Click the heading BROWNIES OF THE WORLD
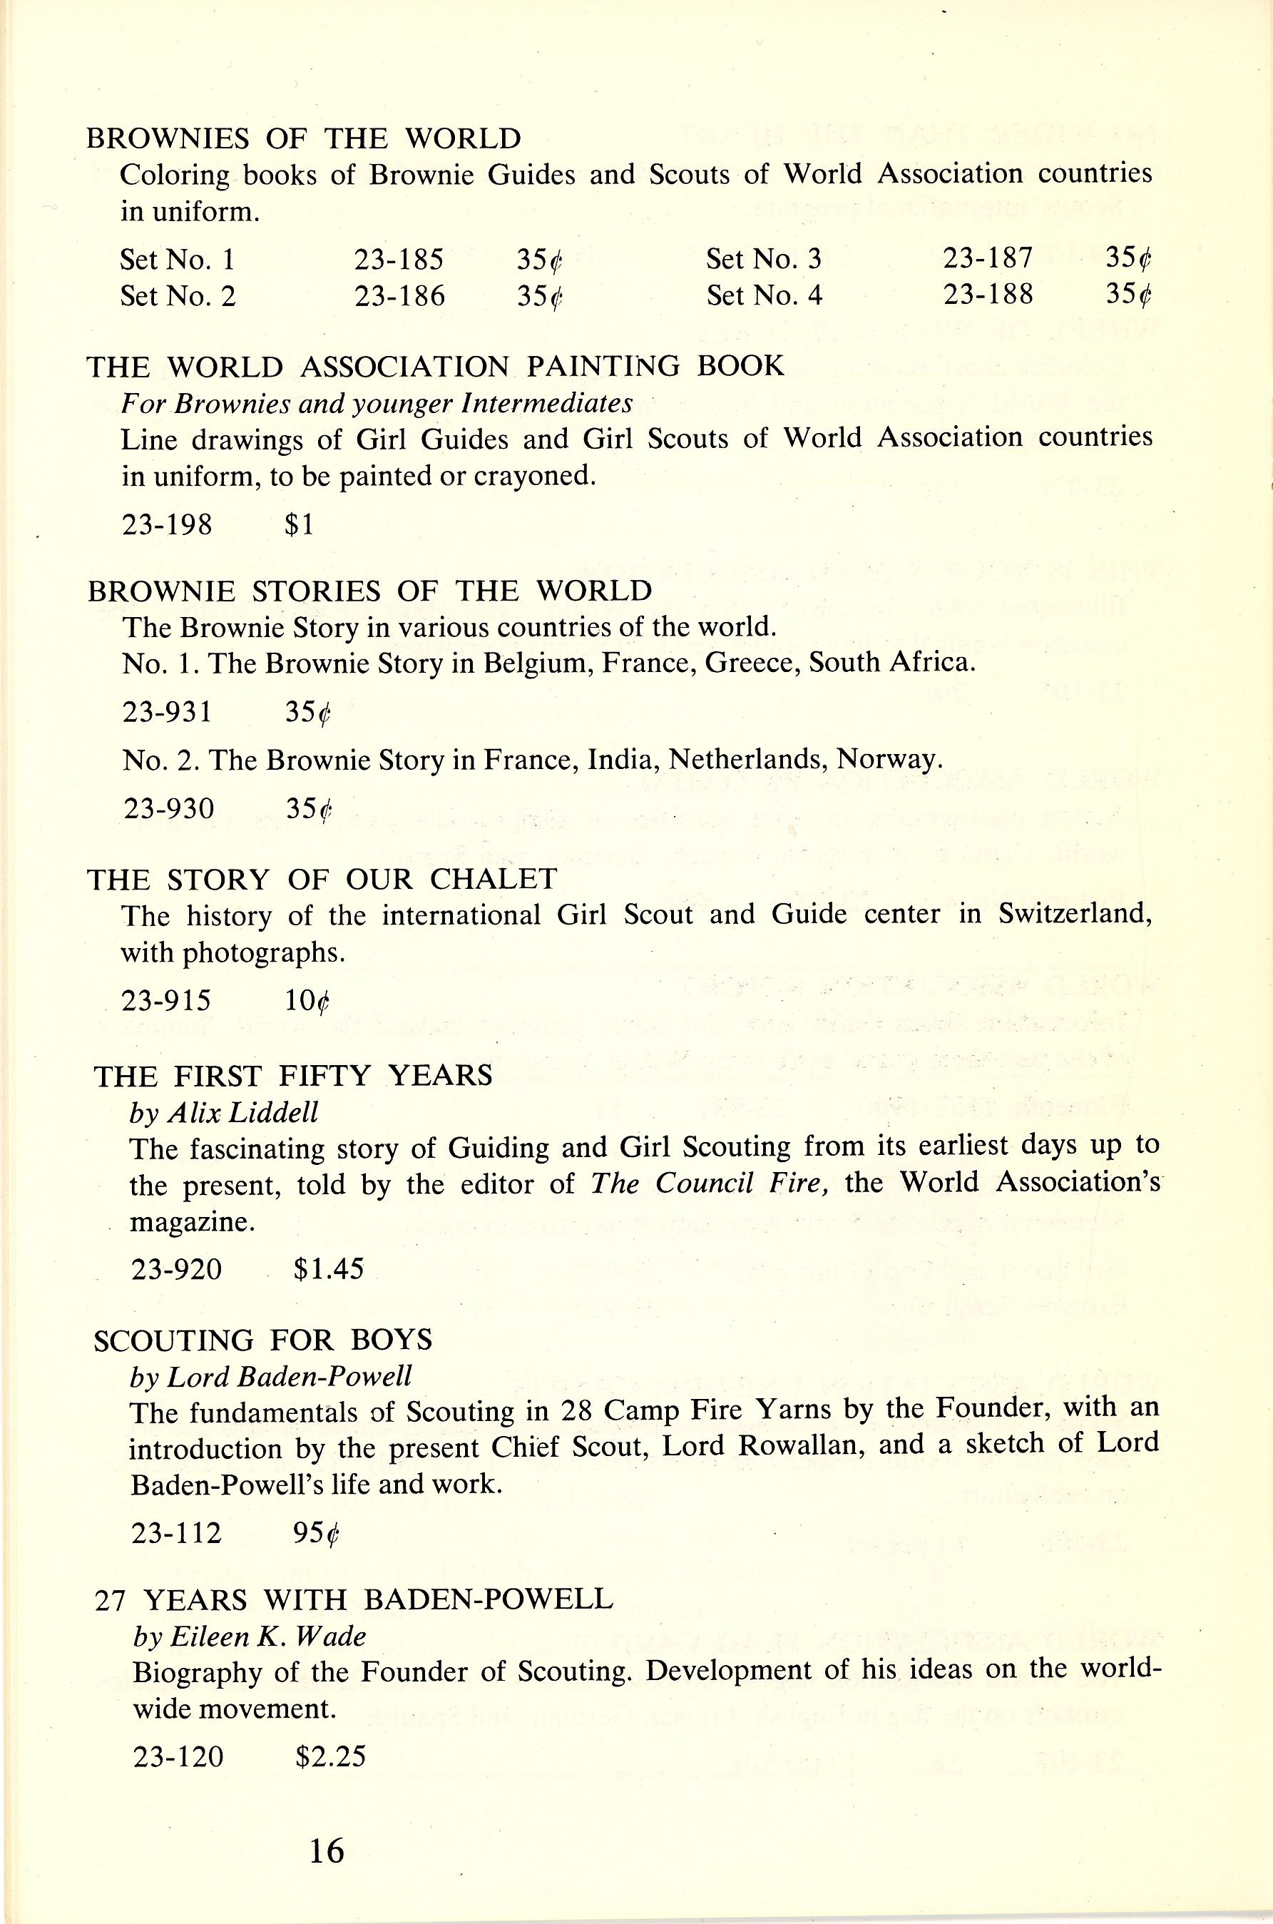pos(304,139)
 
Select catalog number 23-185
pos(399,259)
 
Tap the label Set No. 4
pos(764,295)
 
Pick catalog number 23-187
pos(987,258)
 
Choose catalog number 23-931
pos(168,711)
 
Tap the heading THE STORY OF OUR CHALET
pos(322,879)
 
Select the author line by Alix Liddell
pos(224,1112)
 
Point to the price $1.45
pos(329,1268)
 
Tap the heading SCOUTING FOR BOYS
pos(263,1339)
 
